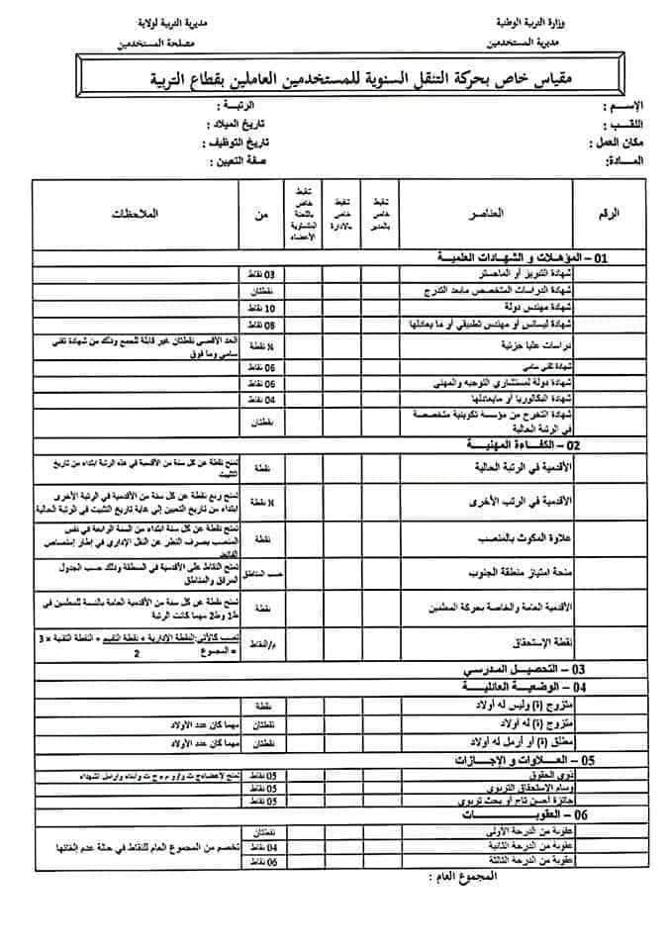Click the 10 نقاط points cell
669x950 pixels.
pos(263,309)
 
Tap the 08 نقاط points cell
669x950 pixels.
pos(263,325)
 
